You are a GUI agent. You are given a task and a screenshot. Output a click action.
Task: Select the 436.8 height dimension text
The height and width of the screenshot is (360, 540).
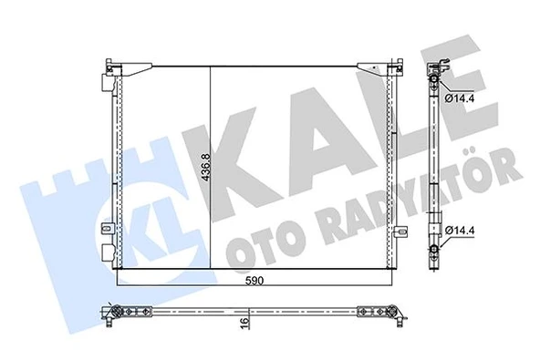click(206, 170)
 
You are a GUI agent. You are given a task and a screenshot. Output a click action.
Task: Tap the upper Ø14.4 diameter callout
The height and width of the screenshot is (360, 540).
click(461, 97)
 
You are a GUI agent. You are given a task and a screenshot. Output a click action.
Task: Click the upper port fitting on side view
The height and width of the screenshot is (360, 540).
click(435, 83)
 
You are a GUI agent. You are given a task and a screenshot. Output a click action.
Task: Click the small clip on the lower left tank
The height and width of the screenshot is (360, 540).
click(109, 228)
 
